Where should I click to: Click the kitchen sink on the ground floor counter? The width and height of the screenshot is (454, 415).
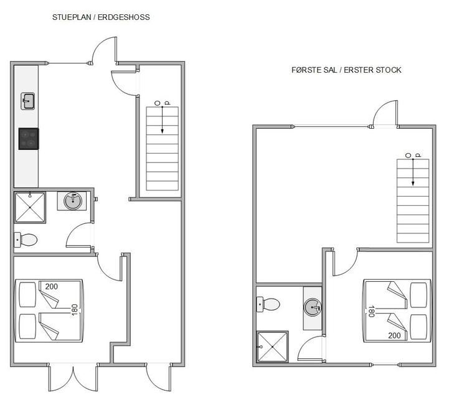28,101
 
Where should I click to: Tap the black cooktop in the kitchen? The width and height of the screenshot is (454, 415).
29,139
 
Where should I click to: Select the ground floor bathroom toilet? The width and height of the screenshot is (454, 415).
26,240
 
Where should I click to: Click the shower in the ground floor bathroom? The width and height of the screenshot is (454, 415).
30,207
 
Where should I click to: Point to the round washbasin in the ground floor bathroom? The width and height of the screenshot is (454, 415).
72,200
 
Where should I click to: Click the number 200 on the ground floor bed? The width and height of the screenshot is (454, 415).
52,287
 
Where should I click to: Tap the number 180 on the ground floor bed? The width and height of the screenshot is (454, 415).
74,310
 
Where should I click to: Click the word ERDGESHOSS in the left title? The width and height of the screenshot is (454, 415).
124,17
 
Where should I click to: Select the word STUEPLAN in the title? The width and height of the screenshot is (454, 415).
72,17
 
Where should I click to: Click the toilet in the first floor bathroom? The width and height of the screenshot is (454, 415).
268,304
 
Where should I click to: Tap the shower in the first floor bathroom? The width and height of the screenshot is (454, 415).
272,347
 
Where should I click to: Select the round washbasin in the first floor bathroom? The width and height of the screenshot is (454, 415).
313,307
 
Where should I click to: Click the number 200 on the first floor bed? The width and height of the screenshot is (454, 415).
394,335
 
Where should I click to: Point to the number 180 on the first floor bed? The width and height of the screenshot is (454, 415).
371,312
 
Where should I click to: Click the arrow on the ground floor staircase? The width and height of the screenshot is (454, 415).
162,120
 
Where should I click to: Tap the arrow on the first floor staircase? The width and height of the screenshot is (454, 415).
413,172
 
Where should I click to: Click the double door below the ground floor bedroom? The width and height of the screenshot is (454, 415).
73,378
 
